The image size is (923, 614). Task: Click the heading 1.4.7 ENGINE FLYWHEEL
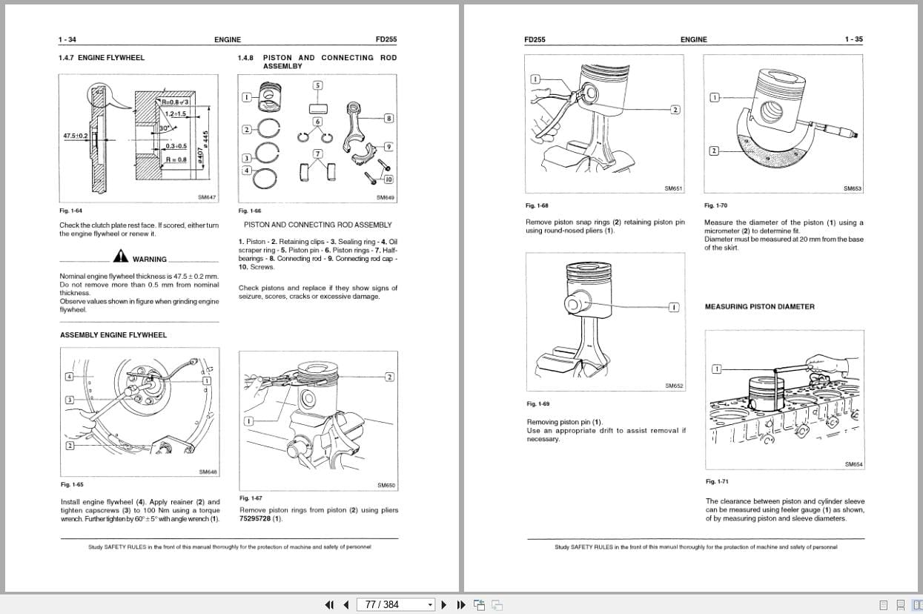[102, 58]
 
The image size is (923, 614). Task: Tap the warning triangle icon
[121, 257]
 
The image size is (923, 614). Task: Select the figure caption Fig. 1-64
[71, 211]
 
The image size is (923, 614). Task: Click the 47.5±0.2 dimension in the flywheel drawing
[75, 136]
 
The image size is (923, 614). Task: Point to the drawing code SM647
[207, 197]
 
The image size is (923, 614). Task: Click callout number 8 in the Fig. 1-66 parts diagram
[388, 119]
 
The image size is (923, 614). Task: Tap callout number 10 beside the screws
[388, 179]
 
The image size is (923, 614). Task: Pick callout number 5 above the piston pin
[318, 85]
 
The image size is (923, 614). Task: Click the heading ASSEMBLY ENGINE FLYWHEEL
[113, 335]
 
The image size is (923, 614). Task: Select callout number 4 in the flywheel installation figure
[69, 377]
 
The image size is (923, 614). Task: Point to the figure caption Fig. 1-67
[251, 498]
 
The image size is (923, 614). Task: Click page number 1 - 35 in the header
[853, 39]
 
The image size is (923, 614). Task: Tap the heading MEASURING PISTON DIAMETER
[759, 307]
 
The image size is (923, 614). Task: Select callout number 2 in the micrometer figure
[714, 151]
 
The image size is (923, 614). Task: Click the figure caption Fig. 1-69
[537, 404]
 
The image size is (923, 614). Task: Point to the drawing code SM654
[853, 464]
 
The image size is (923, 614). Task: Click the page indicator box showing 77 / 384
[395, 604]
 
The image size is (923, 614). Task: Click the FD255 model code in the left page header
[386, 39]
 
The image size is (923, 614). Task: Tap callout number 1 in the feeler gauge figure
[717, 369]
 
